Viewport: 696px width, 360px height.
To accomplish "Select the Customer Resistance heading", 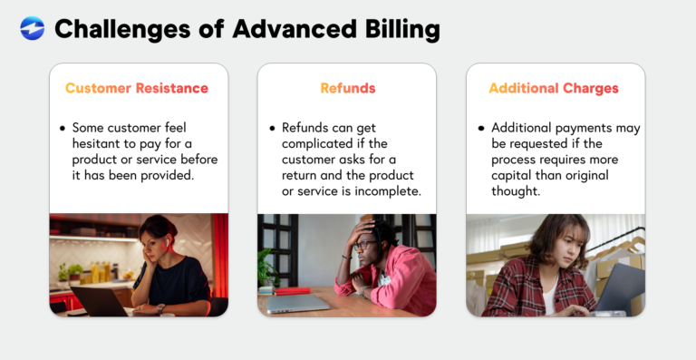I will [137, 89].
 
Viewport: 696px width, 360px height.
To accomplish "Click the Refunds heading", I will [347, 89].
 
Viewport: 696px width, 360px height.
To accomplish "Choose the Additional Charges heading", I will [554, 89].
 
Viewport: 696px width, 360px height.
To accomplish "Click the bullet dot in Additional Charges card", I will [480, 128].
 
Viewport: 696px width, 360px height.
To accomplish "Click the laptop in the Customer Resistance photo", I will [97, 300].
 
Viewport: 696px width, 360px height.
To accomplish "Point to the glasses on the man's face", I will [363, 243].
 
